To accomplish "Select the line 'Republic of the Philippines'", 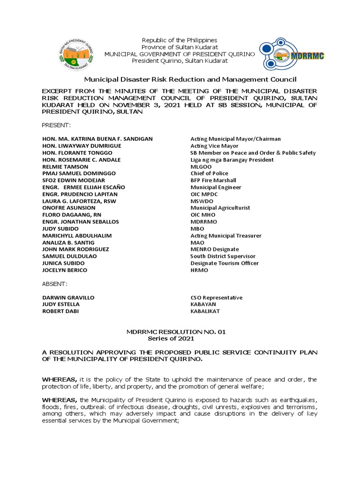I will [x=180, y=40].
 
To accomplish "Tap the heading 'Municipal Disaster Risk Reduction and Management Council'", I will [x=190, y=80].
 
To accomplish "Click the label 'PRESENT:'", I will [x=56, y=126].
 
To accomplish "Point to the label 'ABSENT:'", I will [x=55, y=284].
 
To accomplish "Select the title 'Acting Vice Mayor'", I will [x=214, y=146].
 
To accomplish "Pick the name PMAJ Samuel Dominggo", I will [x=76, y=173].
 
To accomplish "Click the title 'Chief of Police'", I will [x=210, y=173].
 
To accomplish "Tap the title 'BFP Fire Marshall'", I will [x=213, y=180].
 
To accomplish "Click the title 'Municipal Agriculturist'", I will [x=220, y=208].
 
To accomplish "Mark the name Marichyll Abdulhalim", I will [x=77, y=235].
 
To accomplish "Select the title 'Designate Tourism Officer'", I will [x=224, y=263].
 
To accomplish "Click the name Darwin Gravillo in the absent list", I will [x=68, y=298].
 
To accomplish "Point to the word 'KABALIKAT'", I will [x=205, y=311].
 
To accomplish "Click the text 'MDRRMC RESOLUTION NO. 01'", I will [x=176, y=332].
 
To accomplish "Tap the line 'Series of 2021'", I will [x=171, y=338].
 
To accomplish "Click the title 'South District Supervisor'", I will [x=223, y=256].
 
